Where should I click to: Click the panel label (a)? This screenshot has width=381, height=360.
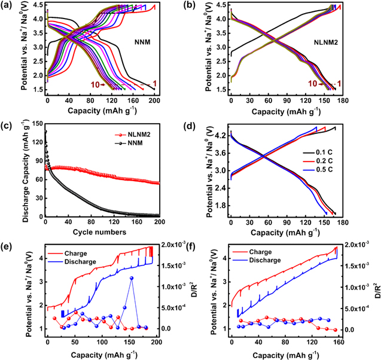(x=9, y=7)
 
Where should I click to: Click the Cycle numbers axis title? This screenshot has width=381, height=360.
(x=103, y=231)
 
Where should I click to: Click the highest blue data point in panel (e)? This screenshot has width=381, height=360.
(x=132, y=278)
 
